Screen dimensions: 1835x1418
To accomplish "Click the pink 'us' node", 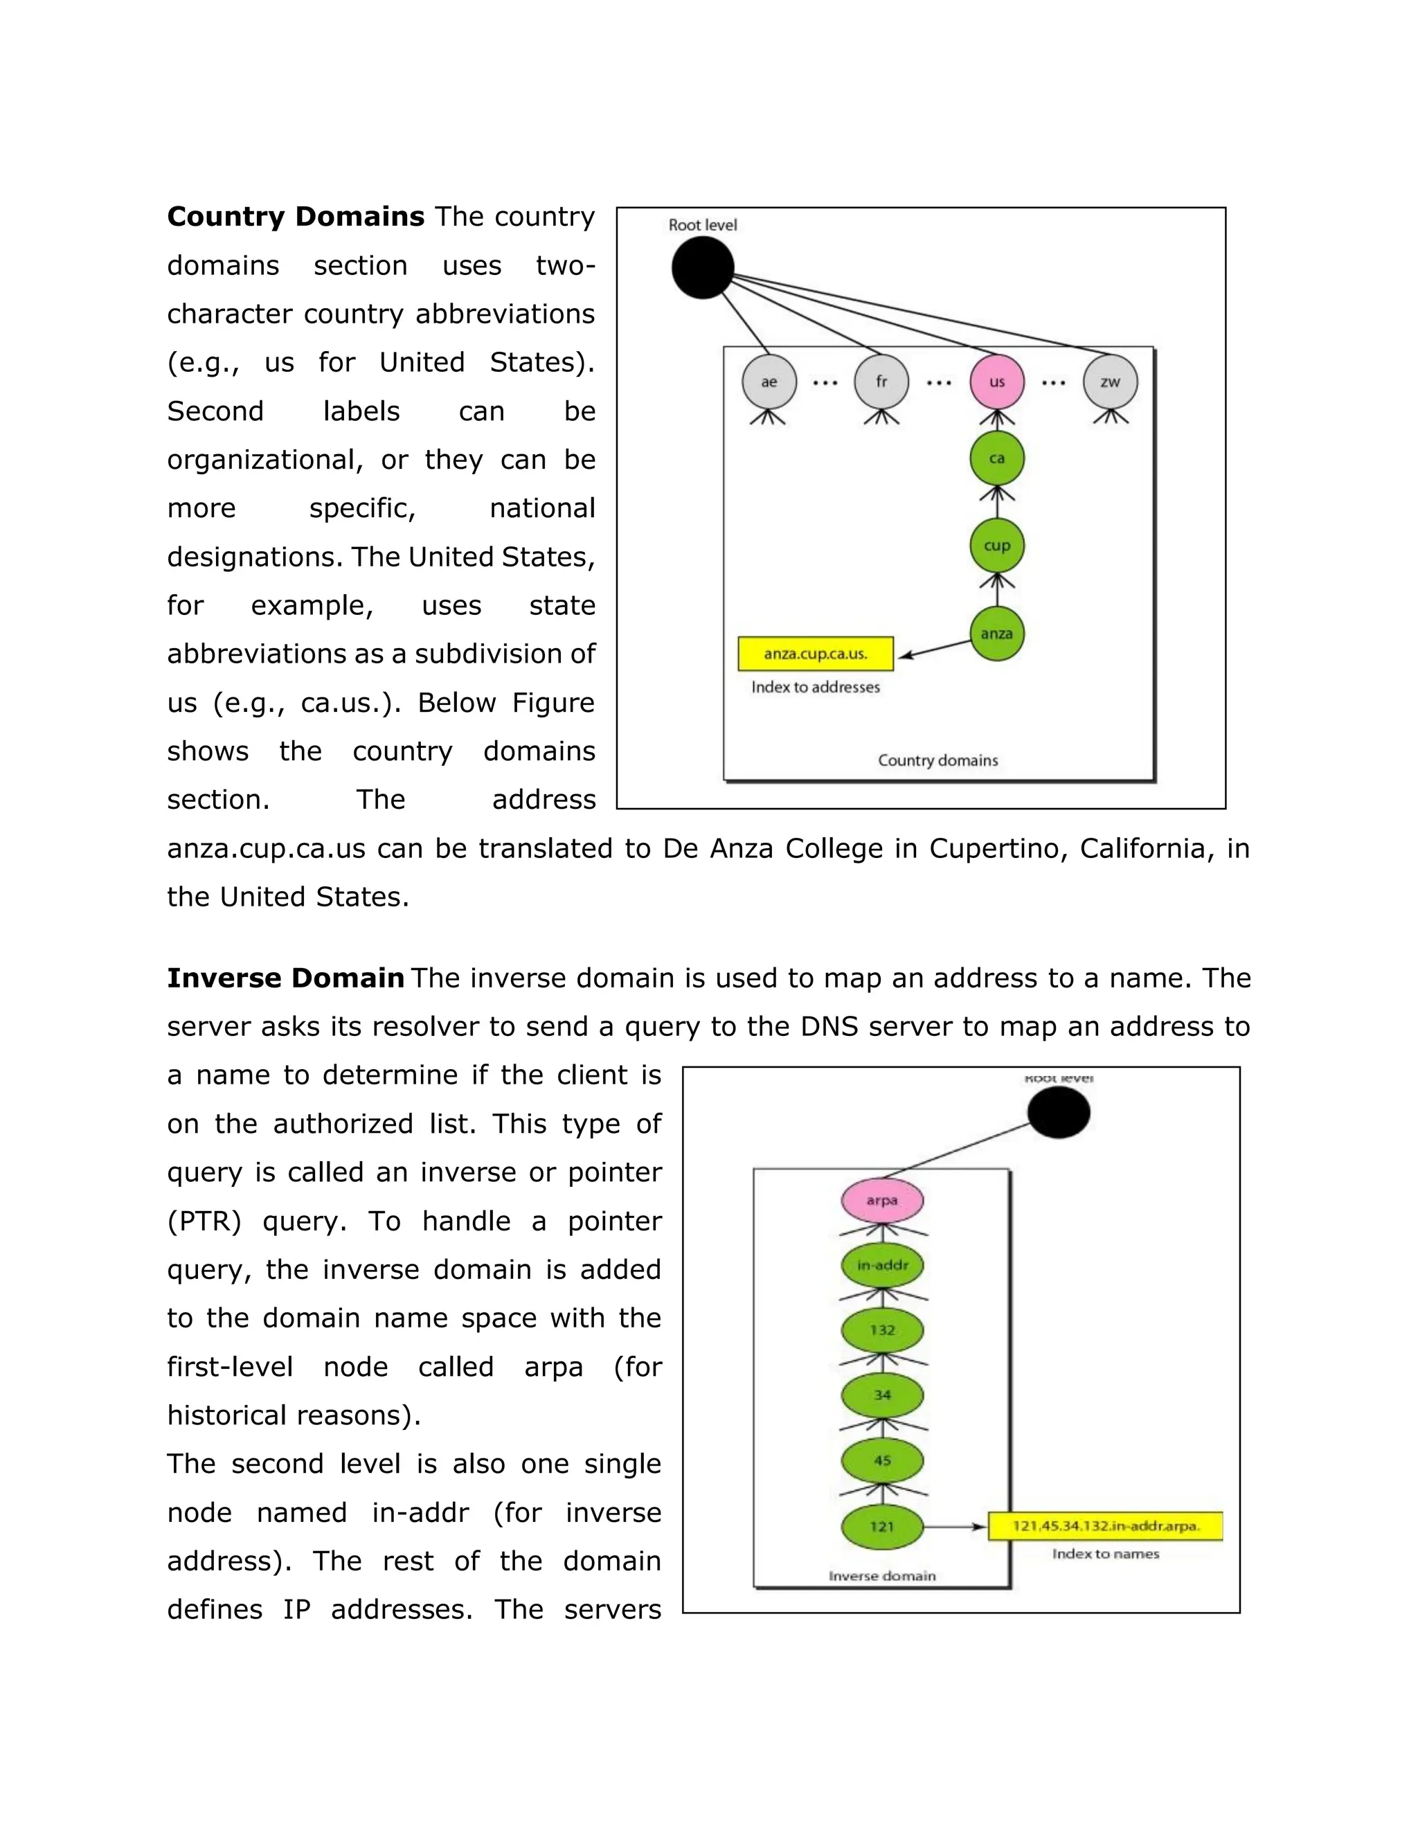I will (x=996, y=382).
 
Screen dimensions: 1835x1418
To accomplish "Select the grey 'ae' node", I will (x=769, y=382).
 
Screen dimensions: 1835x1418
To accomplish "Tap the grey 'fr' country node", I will (x=881, y=382).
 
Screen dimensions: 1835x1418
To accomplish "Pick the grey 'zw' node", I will (x=1110, y=382).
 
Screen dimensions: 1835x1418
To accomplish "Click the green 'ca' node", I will (x=996, y=458).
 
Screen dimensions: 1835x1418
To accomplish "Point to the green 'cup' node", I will (x=996, y=545).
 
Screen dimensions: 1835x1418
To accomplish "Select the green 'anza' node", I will (x=996, y=634).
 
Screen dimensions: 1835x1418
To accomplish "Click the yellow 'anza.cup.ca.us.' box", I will (x=815, y=654).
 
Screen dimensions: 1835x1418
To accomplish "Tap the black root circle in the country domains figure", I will (x=702, y=267).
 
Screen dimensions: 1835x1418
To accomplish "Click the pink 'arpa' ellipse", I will (x=882, y=1201).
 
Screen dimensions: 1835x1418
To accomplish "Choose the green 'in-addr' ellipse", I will (x=882, y=1265).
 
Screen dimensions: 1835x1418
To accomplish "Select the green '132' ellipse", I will (x=882, y=1330).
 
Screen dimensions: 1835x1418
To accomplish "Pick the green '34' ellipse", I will (x=882, y=1395).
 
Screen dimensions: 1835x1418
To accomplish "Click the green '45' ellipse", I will (x=882, y=1460).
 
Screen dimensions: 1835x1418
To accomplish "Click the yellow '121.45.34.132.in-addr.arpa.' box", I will (x=1104, y=1525).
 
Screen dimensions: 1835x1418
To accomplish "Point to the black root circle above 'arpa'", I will (x=1059, y=1113).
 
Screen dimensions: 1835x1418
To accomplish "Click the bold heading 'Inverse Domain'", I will (x=286, y=978).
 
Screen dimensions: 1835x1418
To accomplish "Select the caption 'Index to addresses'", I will (x=815, y=688).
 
